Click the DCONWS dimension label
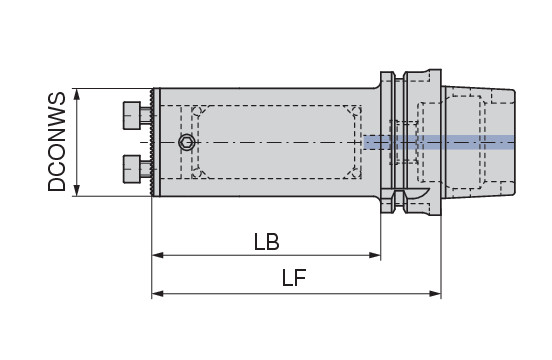pos(57,142)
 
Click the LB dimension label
pos(266,242)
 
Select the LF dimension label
pos(294,278)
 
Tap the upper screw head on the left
pos(132,115)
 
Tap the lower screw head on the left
pos(132,169)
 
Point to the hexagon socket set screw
pos(187,143)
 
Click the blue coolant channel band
pos(439,142)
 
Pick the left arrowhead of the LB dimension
pos(157,255)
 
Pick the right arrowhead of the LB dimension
pos(375,255)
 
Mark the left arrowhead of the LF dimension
pos(157,293)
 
